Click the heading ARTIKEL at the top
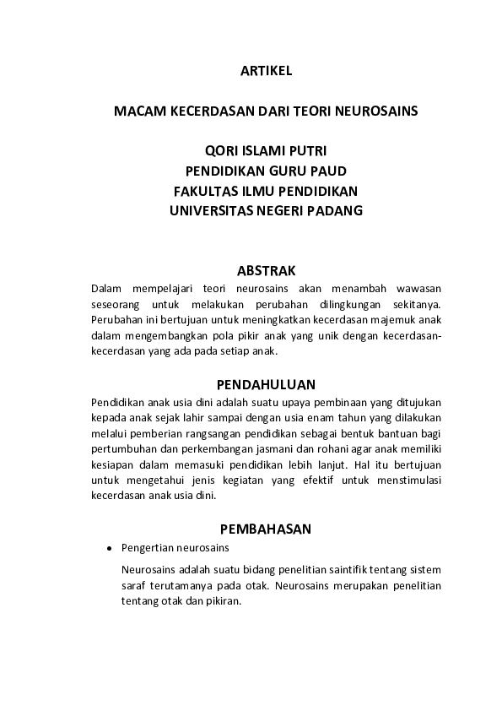[x=266, y=72]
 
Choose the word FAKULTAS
[x=207, y=191]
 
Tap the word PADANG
[x=337, y=211]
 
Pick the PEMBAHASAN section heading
[x=266, y=529]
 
